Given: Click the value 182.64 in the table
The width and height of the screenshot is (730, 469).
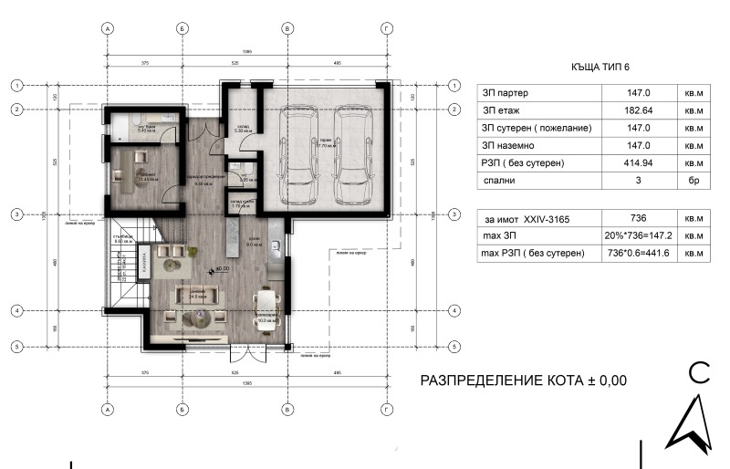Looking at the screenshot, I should click(x=635, y=110).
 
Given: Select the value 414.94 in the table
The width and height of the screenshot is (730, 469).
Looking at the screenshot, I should click(x=635, y=163).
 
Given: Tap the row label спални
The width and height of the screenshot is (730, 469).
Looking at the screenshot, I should click(x=498, y=181).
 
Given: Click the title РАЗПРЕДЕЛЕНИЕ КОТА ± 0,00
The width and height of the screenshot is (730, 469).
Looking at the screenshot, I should click(x=523, y=380).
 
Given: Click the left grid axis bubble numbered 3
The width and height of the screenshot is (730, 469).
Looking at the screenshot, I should click(x=16, y=214).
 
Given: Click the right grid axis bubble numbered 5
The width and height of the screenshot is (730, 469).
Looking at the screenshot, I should click(x=454, y=347).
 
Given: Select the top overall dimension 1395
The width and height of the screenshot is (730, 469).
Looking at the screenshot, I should click(x=247, y=52).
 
